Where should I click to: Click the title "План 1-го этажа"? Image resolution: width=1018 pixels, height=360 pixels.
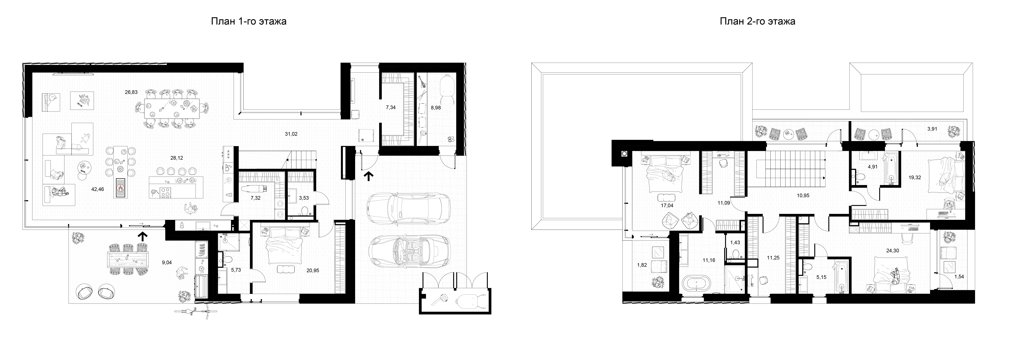(249, 21)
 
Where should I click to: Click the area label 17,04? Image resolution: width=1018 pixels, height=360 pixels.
(667, 205)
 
